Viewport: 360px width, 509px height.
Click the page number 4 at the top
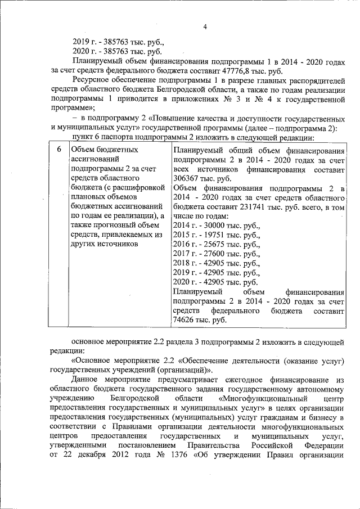point(205,27)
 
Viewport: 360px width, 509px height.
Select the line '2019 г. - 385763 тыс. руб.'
point(119,42)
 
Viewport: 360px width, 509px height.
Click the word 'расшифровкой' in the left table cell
point(140,187)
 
